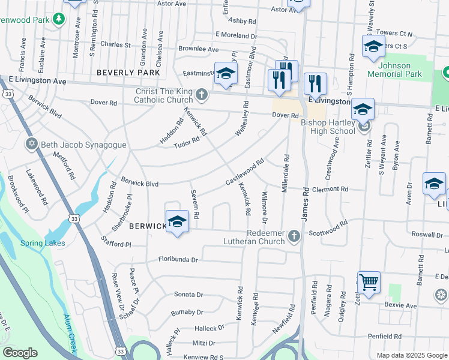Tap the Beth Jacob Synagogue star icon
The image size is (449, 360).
31,144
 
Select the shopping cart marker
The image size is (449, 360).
369,281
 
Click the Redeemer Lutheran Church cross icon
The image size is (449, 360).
294,236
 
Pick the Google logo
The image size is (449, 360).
20,353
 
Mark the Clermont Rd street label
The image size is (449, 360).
330,188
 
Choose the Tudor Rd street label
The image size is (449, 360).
186,143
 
